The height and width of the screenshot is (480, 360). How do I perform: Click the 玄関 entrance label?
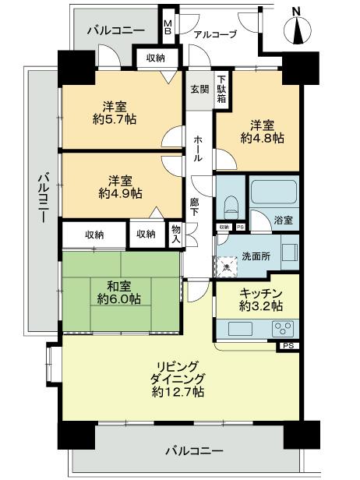[199, 88]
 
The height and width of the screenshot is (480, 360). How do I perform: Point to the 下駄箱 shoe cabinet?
[222, 89]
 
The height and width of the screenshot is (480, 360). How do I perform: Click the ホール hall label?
[198, 146]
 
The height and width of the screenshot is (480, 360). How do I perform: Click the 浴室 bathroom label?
[283, 221]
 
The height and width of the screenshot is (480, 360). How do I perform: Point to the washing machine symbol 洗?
[227, 267]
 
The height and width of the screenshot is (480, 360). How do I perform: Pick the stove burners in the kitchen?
[281, 329]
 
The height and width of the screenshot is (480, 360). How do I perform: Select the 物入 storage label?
[176, 235]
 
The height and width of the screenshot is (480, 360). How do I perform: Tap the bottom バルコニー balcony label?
[195, 450]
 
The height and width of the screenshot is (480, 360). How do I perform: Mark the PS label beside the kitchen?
[288, 346]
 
